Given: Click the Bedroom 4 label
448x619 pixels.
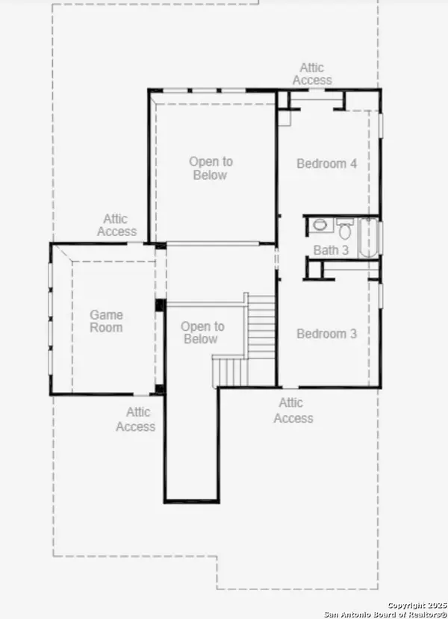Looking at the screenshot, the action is tap(327, 164).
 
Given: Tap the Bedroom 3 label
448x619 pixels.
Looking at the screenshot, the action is tap(327, 334).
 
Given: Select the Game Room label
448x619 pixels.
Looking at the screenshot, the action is tap(106, 321).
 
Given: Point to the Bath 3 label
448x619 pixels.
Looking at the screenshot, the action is tap(331, 250).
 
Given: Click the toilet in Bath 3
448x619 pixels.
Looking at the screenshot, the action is tap(345, 228).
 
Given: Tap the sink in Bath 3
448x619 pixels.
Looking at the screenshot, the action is tap(319, 225).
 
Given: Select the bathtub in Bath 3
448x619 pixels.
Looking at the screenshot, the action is tap(368, 237).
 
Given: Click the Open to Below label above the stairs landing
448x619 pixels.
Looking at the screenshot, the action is tap(211, 168).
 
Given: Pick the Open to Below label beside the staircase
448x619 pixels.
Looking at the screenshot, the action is tap(202, 332).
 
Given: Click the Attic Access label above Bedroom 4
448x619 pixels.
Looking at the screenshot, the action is tap(312, 74).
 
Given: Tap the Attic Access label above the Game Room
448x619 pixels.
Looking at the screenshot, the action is tap(116, 225).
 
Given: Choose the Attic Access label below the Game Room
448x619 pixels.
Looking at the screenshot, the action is tap(135, 419).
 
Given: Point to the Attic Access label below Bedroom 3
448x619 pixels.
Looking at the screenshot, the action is tap(293, 411).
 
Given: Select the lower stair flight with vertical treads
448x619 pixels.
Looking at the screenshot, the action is tap(231, 372).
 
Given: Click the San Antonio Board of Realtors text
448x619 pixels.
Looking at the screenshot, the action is tap(385, 615).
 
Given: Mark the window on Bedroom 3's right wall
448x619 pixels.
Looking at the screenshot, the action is tap(381, 295).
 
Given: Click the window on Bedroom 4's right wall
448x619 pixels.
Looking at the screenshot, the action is tap(381, 125).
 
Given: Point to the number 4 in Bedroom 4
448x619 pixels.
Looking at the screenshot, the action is tap(353, 164).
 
